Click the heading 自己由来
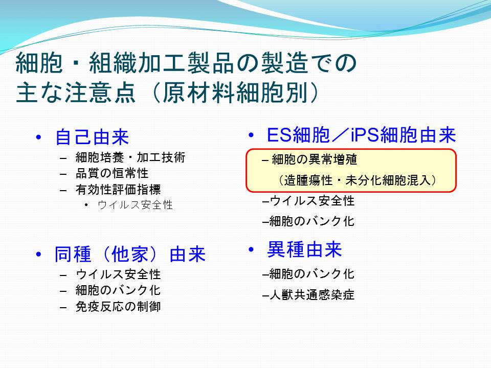pos(92,137)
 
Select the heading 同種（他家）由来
pos(130,254)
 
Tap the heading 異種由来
pos(304,249)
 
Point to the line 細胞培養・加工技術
pos(130,157)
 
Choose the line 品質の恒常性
pos(112,173)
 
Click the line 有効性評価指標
pos(118,189)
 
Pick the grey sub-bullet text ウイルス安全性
pos(135,205)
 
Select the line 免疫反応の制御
pos(118,306)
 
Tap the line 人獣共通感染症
pos(312,295)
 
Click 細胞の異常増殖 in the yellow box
pos(315,159)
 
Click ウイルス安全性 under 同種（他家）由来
pos(118,274)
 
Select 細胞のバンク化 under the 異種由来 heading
pos(312,274)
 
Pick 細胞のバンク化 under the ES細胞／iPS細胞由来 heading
pos(312,221)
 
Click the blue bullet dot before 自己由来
pos(38,137)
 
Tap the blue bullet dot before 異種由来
pos(251,249)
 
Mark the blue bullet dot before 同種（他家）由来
pos(38,254)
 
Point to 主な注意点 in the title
pos(76,93)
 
